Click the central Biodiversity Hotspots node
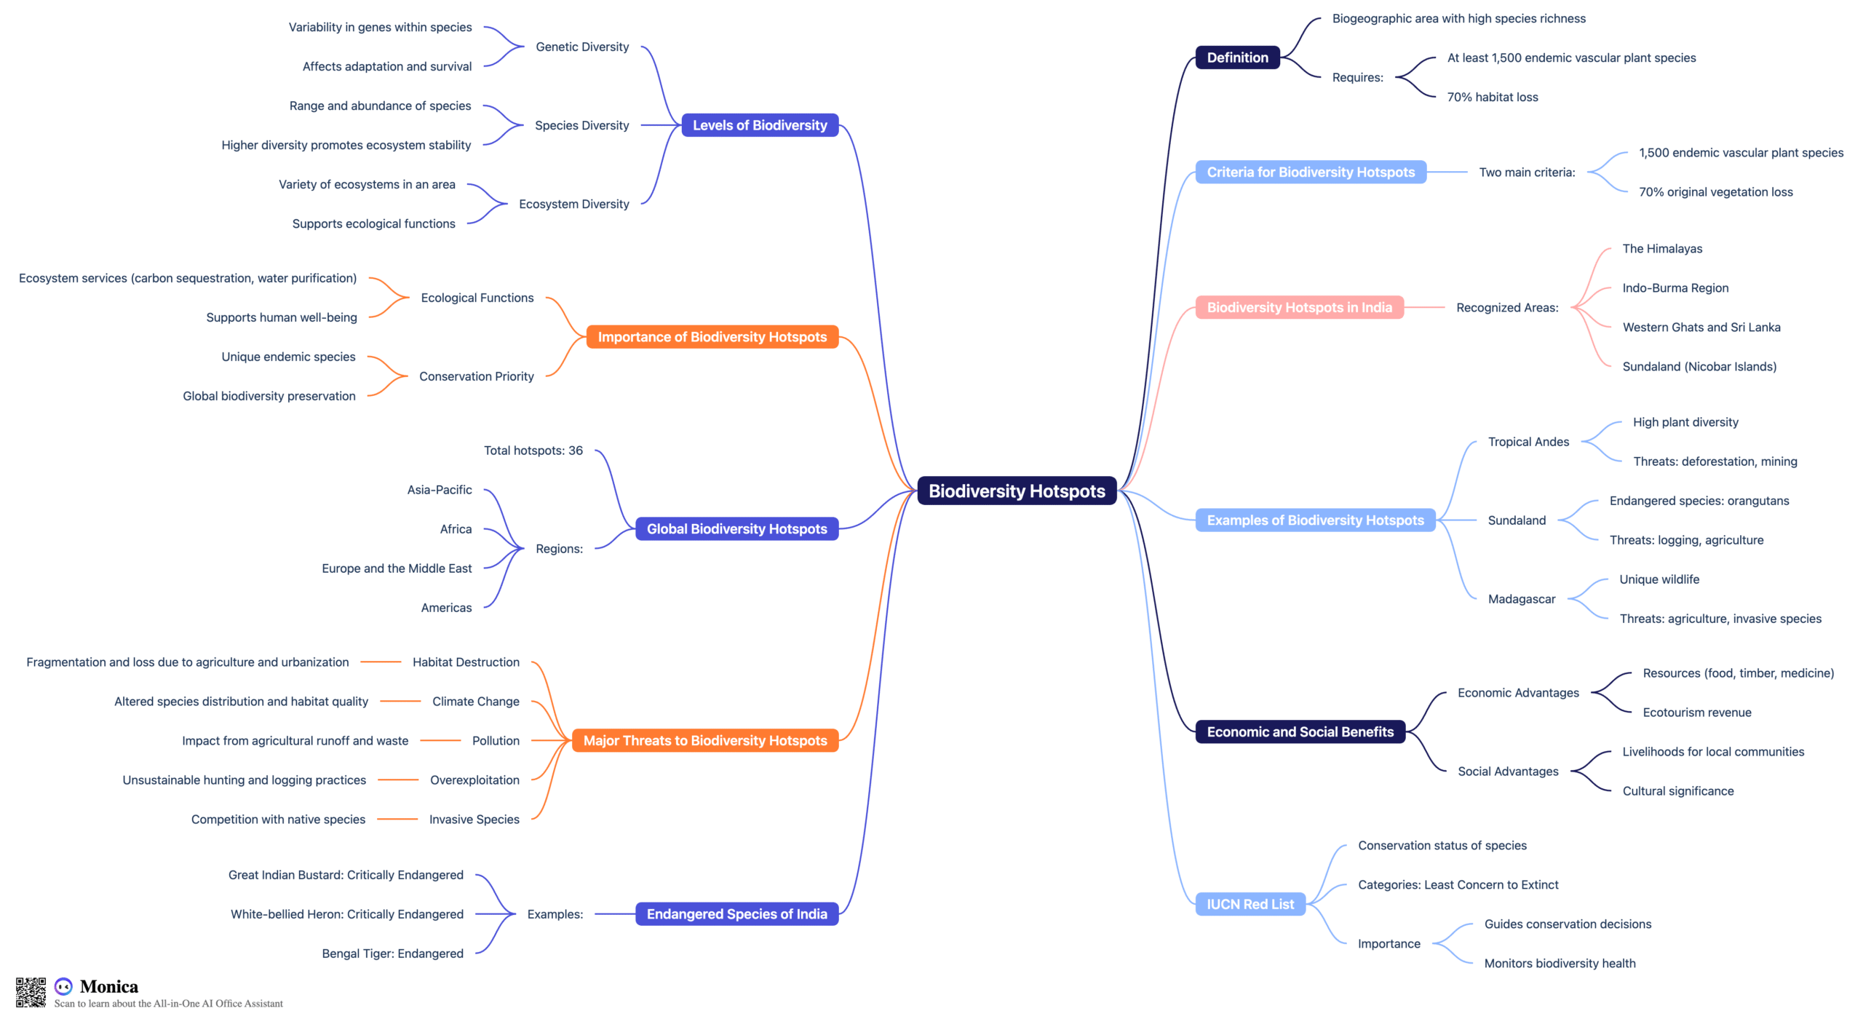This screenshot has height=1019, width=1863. tap(1017, 491)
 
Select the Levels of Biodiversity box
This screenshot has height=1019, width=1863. tap(760, 125)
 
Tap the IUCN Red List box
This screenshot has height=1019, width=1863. tap(1250, 904)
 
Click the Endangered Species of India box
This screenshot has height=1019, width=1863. tap(736, 914)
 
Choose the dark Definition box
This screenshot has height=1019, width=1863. tap(1237, 58)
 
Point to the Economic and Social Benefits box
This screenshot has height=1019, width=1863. tap(1300, 732)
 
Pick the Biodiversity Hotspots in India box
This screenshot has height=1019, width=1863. tap(1299, 307)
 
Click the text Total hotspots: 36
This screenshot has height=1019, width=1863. tap(533, 451)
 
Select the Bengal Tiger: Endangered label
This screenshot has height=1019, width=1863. tap(392, 953)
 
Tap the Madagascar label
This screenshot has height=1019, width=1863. tap(1521, 599)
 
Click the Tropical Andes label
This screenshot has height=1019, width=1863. tap(1528, 442)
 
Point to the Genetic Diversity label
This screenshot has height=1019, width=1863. tap(582, 47)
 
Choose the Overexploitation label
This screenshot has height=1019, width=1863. tap(474, 780)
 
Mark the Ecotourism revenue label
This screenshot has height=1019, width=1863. tap(1696, 713)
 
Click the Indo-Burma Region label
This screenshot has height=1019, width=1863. tap(1675, 288)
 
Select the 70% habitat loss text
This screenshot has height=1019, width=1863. tap(1492, 97)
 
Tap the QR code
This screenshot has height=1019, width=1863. tap(31, 992)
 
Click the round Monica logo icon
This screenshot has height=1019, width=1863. tap(64, 986)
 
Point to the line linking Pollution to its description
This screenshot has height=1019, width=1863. tap(440, 740)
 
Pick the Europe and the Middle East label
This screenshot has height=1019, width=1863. tap(397, 568)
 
